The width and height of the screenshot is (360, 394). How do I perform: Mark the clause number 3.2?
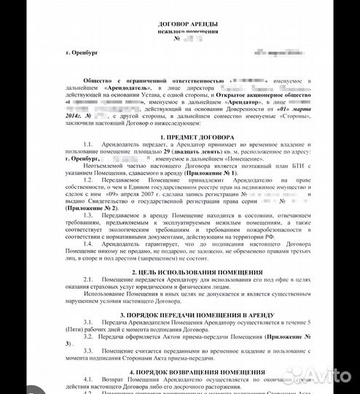pyautogui.click(x=89, y=335)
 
